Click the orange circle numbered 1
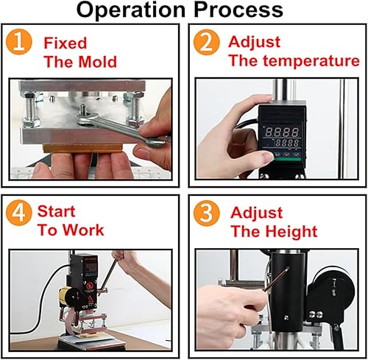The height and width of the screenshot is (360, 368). (19, 42)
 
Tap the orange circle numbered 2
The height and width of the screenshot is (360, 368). (206, 42)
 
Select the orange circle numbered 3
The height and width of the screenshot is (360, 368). (206, 213)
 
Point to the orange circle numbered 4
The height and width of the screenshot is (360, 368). (19, 213)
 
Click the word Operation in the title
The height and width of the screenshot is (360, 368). (131, 10)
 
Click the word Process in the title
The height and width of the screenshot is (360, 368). (238, 10)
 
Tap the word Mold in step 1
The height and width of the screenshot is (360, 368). (98, 62)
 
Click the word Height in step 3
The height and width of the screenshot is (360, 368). (292, 231)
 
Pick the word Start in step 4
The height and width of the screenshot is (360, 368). (56, 211)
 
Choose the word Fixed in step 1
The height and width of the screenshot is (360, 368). (66, 43)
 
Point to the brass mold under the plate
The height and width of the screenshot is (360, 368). (83, 148)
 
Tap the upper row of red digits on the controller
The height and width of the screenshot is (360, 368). (283, 132)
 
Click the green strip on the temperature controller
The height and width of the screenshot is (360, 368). (289, 159)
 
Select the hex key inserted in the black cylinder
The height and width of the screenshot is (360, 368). (275, 280)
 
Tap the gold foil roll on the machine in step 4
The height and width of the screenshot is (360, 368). (64, 295)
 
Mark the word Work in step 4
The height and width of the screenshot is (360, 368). (84, 230)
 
